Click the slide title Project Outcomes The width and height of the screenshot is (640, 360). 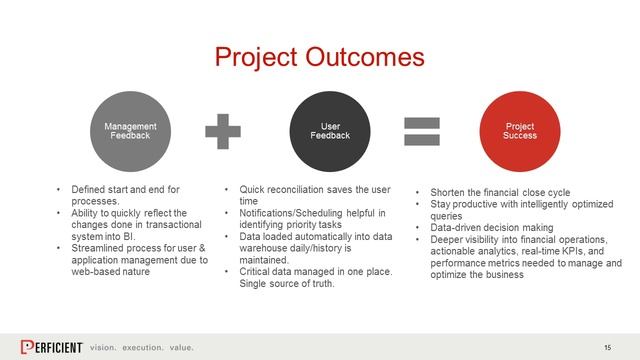(x=320, y=56)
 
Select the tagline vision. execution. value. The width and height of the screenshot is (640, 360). (x=141, y=347)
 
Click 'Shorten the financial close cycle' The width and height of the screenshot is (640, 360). (x=500, y=191)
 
